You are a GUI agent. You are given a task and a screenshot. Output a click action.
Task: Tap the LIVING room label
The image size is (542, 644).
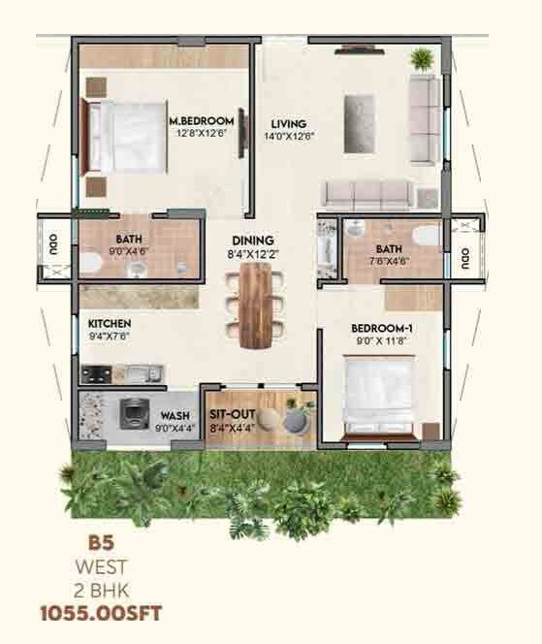pyautogui.click(x=289, y=124)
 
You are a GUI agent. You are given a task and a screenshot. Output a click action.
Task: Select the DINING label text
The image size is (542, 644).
pyautogui.click(x=252, y=241)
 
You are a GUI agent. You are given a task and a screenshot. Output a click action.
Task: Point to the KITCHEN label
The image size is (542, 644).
pyautogui.click(x=110, y=323)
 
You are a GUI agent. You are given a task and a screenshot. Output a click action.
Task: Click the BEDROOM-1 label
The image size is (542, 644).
pyautogui.click(x=381, y=328)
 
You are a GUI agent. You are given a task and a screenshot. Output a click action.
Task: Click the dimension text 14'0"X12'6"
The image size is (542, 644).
pyautogui.click(x=289, y=137)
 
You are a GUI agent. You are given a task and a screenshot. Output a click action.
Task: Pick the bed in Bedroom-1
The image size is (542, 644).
pyautogui.click(x=379, y=395)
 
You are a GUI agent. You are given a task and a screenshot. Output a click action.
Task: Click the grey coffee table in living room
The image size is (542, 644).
pyautogui.click(x=357, y=108)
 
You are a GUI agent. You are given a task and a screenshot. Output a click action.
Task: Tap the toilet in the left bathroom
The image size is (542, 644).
pyautogui.click(x=88, y=263)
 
